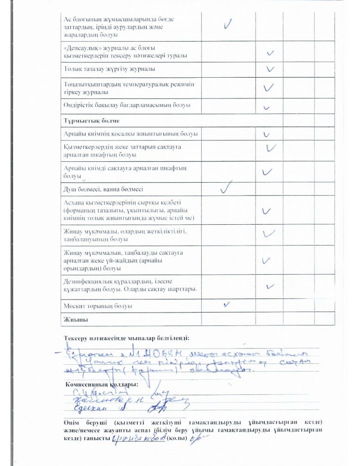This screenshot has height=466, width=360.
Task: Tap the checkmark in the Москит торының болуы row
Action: [227, 304]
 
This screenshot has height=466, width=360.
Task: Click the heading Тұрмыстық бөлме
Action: [92, 121]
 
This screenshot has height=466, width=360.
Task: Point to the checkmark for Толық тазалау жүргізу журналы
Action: [270, 69]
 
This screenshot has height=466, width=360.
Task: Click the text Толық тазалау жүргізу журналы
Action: [109, 69]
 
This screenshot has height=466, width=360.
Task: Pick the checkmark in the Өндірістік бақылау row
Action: [267, 107]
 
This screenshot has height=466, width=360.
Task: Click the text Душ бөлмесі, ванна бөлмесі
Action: [103, 189]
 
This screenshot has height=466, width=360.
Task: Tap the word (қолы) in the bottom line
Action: [177, 438]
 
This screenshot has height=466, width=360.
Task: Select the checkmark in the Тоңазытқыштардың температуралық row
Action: [269, 87]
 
